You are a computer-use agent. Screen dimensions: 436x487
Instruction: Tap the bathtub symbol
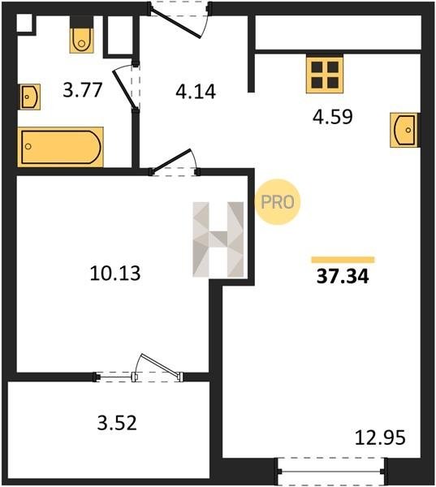tap(61, 147)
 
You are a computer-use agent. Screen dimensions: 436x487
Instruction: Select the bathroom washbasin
tap(30, 97)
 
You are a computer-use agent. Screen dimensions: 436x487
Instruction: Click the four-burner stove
tap(325, 74)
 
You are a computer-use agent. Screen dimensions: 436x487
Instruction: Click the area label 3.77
tap(82, 90)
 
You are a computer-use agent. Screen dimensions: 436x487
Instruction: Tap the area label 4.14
tap(196, 92)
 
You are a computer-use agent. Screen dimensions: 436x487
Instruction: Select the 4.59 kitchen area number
tap(333, 117)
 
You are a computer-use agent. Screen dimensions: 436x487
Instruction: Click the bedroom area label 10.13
tap(115, 274)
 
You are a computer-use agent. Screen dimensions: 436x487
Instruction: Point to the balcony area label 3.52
tap(117, 423)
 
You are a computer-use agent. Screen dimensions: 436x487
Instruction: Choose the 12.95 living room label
tap(380, 437)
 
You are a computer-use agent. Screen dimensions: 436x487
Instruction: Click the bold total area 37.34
tap(343, 277)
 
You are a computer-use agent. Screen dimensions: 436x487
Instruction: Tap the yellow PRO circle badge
tap(278, 202)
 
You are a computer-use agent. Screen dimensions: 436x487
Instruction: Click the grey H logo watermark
tap(218, 239)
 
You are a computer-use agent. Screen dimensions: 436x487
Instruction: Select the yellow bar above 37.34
tap(343, 260)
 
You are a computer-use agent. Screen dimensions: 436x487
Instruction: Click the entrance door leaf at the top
tap(175, 23)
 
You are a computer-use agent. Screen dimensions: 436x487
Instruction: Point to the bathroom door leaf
tap(124, 89)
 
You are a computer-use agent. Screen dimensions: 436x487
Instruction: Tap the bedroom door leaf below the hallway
tap(171, 160)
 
